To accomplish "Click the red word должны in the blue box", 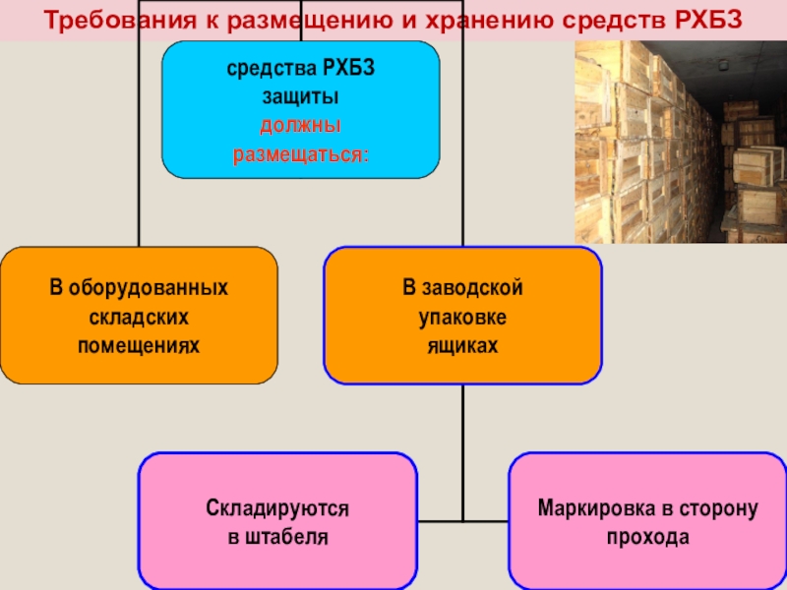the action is [300, 127].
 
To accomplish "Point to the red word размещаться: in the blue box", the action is [300, 154].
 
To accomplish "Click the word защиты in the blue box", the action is [300, 98].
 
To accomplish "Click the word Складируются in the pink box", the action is [277, 509].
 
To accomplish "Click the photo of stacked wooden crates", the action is [680, 142].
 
